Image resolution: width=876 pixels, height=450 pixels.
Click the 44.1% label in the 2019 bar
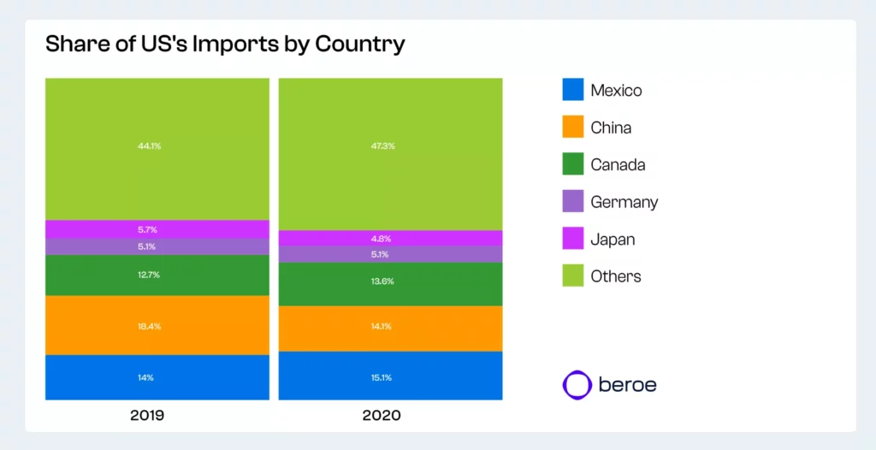[150, 146]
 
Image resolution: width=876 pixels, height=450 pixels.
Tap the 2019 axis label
[147, 416]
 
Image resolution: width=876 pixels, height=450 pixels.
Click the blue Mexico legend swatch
[573, 90]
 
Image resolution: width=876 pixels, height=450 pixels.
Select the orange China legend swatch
[573, 127]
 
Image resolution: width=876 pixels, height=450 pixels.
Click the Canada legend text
[618, 165]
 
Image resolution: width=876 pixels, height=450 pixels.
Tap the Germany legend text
[624, 202]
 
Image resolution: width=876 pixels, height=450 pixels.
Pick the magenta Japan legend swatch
[573, 239]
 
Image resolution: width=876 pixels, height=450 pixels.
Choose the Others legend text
[615, 276]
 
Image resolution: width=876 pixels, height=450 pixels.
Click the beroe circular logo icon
[577, 384]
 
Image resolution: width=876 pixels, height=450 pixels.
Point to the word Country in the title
[359, 44]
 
